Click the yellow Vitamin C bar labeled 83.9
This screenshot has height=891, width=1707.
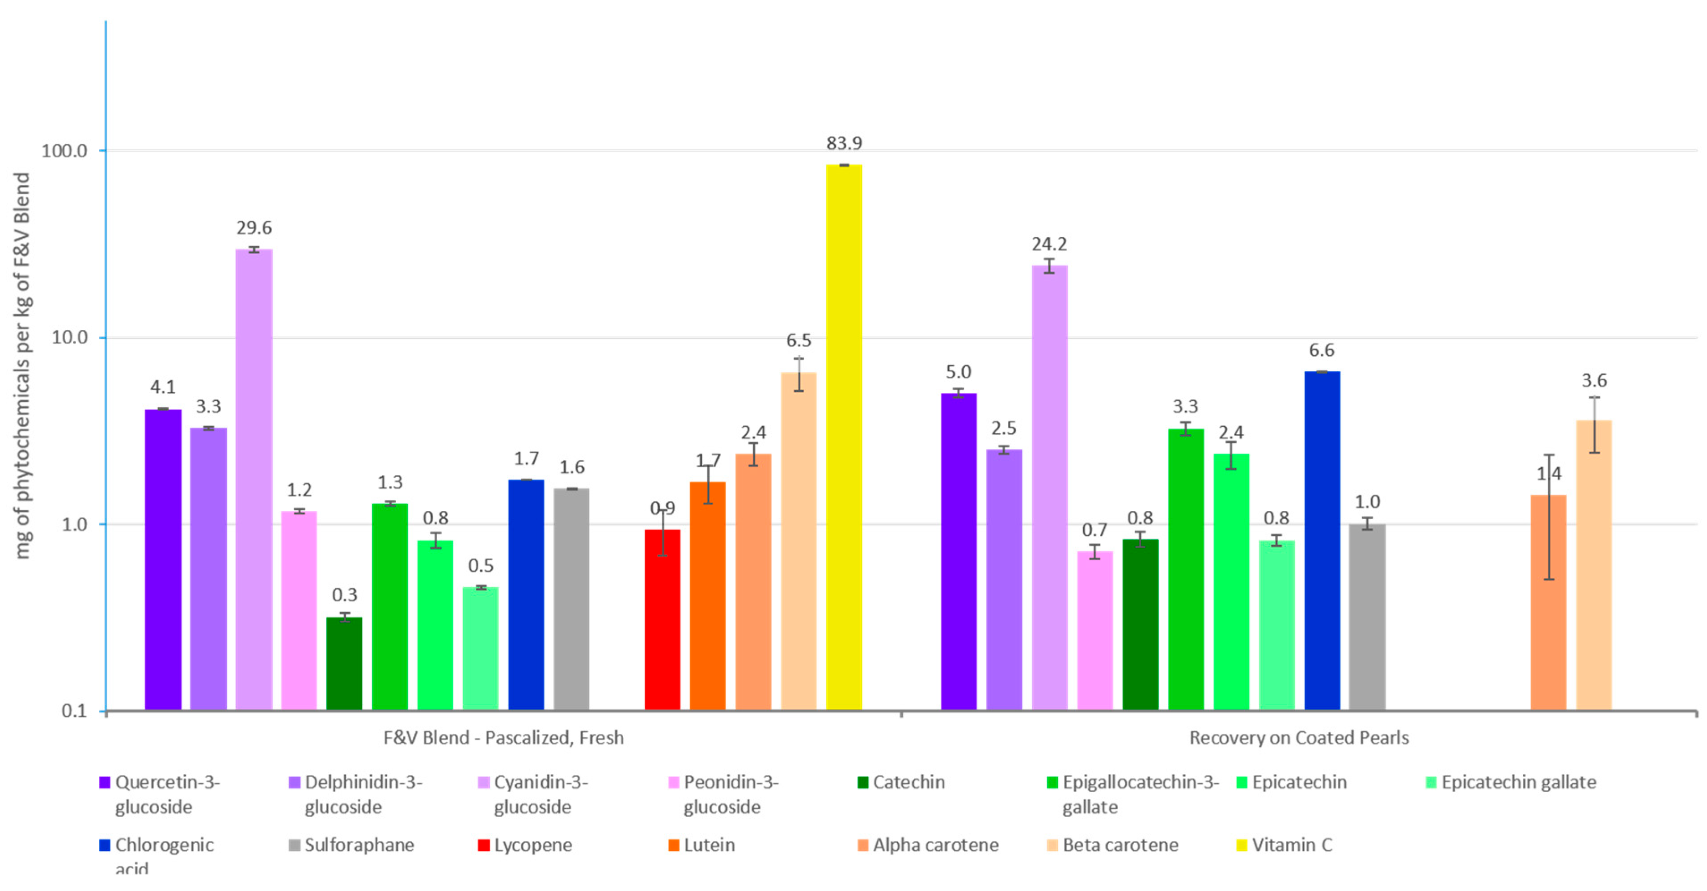pyautogui.click(x=844, y=437)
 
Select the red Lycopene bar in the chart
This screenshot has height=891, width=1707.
pyautogui.click(x=662, y=619)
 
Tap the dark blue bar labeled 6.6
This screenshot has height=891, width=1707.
pyautogui.click(x=1322, y=540)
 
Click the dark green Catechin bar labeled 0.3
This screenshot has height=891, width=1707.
pyautogui.click(x=344, y=663)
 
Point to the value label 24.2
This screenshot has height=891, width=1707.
pyautogui.click(x=1049, y=244)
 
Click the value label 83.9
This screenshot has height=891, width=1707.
pyautogui.click(x=844, y=143)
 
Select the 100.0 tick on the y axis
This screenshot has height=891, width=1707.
pyautogui.click(x=64, y=151)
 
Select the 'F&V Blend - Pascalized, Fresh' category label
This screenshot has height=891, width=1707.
pyautogui.click(x=503, y=737)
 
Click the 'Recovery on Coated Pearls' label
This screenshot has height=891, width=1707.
pyautogui.click(x=1299, y=737)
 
